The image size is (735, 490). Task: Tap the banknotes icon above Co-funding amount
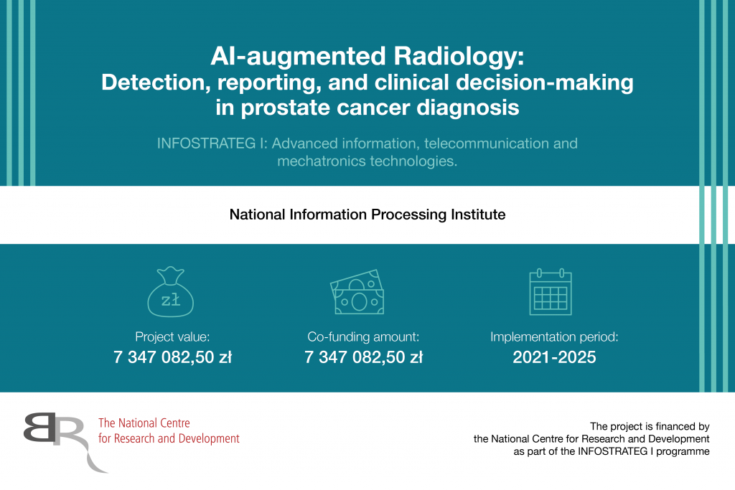(x=357, y=292)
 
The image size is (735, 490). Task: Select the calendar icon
(x=551, y=292)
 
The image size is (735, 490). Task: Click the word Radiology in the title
(x=459, y=56)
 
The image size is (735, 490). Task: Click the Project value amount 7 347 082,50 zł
(x=172, y=357)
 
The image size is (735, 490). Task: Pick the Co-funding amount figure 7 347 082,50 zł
(x=363, y=357)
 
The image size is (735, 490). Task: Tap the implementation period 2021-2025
(x=554, y=357)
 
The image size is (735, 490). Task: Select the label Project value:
(x=172, y=336)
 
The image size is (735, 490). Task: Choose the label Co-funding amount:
(x=363, y=336)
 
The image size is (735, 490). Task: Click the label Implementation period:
(x=554, y=336)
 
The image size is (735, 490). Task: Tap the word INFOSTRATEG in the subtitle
(x=206, y=143)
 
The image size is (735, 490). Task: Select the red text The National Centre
(x=144, y=423)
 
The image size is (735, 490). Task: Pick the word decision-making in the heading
(x=544, y=83)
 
